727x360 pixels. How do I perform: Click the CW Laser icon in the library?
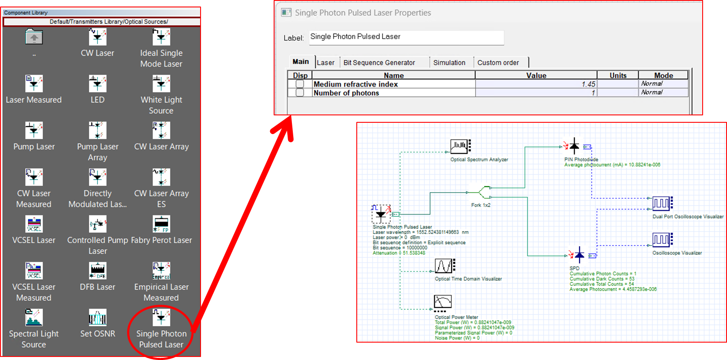click(x=97, y=37)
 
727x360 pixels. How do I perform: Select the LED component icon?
click(x=97, y=84)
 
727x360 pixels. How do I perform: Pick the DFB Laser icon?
click(x=97, y=271)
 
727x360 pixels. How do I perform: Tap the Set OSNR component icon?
click(x=97, y=318)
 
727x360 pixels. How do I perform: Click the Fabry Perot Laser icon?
click(x=161, y=224)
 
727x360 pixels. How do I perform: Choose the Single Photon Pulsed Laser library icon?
click(x=161, y=318)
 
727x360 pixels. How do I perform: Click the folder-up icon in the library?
click(x=34, y=37)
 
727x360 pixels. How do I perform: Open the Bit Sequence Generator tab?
click(x=379, y=63)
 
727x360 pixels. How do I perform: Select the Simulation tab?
click(x=449, y=63)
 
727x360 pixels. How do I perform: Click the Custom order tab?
click(x=498, y=63)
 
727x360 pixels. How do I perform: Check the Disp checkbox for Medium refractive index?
click(x=300, y=84)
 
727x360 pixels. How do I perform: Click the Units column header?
click(x=617, y=75)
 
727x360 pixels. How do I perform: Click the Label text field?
click(x=406, y=37)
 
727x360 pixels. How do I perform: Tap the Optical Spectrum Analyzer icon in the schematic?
click(x=460, y=146)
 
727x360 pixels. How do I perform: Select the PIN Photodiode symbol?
click(x=575, y=146)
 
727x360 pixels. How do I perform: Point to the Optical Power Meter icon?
click(x=443, y=302)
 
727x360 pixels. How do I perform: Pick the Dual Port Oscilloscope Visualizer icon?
click(x=662, y=203)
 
